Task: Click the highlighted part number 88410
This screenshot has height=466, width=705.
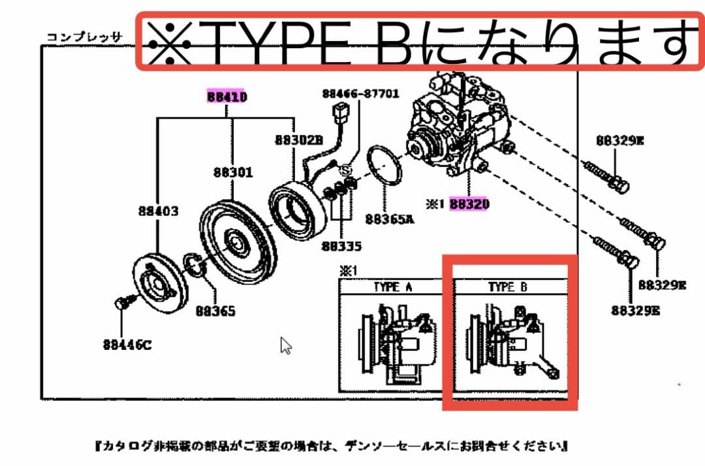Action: click(227, 97)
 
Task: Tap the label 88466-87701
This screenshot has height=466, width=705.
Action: click(360, 94)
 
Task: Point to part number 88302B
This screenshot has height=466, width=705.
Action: click(298, 140)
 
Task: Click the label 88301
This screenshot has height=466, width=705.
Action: click(232, 173)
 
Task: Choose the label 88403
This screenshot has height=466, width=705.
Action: click(158, 211)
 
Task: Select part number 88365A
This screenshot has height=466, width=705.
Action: click(390, 219)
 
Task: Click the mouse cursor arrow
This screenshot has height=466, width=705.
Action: click(285, 345)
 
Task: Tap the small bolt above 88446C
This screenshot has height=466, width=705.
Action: click(121, 303)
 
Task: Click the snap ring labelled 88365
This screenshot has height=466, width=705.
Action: click(194, 264)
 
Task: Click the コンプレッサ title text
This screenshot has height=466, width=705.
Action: click(83, 37)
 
